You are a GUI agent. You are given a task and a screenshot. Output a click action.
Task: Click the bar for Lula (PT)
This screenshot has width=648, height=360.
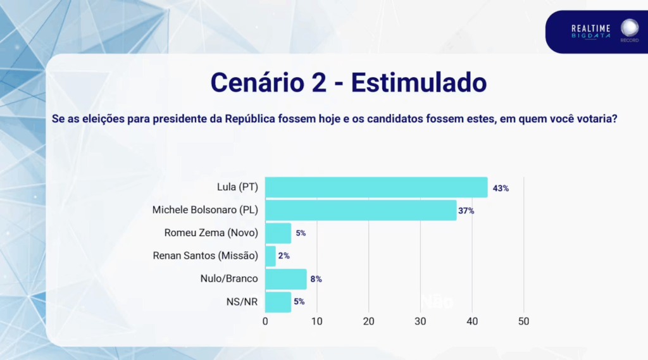coord(376,188)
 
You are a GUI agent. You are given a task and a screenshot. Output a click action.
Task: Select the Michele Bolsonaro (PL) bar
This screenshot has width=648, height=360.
coord(361,210)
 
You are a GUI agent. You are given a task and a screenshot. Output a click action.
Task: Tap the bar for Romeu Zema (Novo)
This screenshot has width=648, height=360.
coord(278,233)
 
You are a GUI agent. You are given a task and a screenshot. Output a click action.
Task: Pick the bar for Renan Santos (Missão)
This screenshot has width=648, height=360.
coord(270,256)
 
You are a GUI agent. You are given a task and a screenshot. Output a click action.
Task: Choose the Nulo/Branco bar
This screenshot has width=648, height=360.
coord(285,278)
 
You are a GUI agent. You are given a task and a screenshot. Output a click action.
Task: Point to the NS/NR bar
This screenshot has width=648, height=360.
coord(278,301)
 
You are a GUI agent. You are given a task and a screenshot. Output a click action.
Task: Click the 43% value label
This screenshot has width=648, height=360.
coord(501,189)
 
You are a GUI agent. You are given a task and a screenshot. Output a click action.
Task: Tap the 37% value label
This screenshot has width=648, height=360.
coord(467,211)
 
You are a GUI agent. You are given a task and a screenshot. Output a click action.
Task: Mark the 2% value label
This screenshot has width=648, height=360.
coord(284,256)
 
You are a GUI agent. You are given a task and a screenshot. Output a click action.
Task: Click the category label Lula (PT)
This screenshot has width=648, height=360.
coord(237,188)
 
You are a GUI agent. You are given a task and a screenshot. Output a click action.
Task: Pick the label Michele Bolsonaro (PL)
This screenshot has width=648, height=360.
coord(206,210)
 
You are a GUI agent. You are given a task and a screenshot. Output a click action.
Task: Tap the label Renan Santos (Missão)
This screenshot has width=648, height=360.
coord(206,256)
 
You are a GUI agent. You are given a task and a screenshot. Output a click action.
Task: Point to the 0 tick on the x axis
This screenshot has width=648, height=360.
coord(265,321)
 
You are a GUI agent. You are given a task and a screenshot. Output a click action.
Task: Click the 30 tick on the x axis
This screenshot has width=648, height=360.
coord(420,321)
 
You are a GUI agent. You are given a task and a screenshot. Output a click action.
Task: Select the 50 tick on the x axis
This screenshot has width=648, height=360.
coord(523,321)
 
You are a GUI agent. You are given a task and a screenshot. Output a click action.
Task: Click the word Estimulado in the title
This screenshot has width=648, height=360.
coord(418,82)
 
